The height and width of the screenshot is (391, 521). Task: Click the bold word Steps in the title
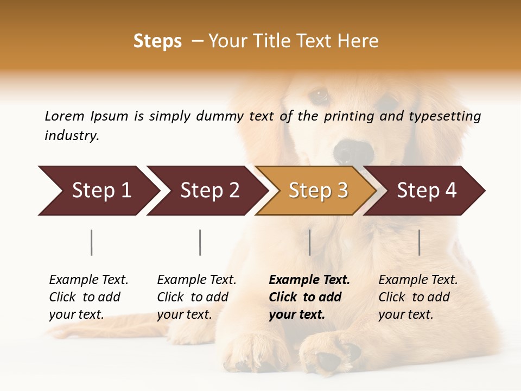pyautogui.click(x=157, y=41)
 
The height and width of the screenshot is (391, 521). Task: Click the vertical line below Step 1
pyautogui.click(x=92, y=242)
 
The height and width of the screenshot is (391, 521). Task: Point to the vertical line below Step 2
pyautogui.click(x=200, y=242)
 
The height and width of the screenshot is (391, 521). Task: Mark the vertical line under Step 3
pyautogui.click(x=309, y=242)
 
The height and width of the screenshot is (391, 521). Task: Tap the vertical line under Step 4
pyautogui.click(x=419, y=242)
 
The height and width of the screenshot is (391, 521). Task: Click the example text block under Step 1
pyautogui.click(x=88, y=297)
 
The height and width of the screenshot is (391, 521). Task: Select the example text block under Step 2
pyautogui.click(x=196, y=297)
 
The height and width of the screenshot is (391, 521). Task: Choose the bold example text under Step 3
pyautogui.click(x=309, y=297)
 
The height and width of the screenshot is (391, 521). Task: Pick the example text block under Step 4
pyautogui.click(x=418, y=297)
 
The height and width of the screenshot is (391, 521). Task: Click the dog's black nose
pyautogui.click(x=353, y=152)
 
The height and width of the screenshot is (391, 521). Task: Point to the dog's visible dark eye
pyautogui.click(x=319, y=96)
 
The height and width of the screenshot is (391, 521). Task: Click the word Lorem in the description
pyautogui.click(x=65, y=116)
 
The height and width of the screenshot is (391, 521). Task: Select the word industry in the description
pyautogui.click(x=72, y=136)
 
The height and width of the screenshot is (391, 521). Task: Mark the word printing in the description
pyautogui.click(x=349, y=116)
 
